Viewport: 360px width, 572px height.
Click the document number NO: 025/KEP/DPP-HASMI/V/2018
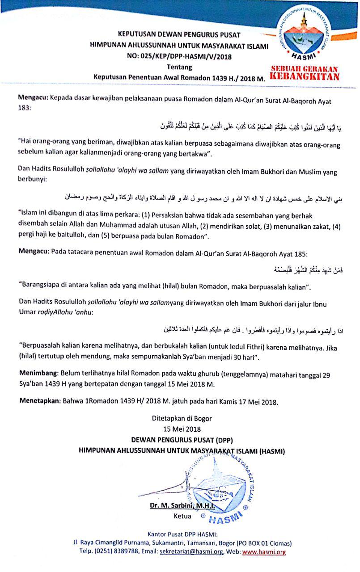179,56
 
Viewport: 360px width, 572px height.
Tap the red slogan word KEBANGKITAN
305,76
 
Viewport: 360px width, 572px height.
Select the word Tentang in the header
179,67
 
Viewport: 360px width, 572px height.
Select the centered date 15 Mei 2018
180,429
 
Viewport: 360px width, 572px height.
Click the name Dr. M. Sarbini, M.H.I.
182,506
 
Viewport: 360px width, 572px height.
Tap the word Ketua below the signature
182,516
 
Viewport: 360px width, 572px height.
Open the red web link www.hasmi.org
263,552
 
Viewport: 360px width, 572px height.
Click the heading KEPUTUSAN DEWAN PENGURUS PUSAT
179,34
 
